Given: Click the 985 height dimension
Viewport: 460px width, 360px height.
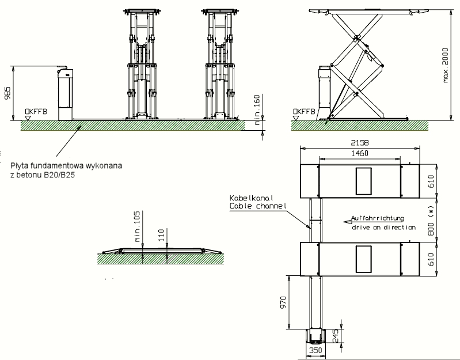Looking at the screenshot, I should coord(7,93).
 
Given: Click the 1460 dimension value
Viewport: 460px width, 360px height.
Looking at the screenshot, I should coord(358,153).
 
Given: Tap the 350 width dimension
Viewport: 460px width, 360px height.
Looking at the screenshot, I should coord(314,350).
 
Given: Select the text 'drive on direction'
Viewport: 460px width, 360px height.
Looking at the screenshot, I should coord(383,228).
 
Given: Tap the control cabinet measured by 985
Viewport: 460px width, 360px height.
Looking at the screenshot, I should coord(66,94).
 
